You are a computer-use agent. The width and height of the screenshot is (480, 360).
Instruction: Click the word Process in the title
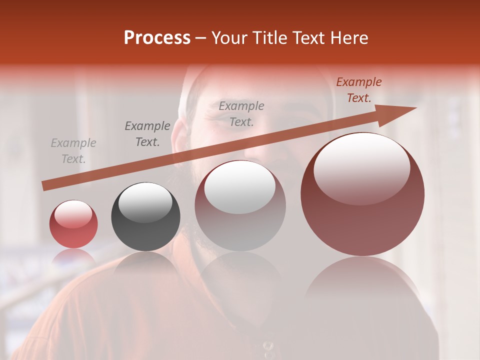tap(157, 38)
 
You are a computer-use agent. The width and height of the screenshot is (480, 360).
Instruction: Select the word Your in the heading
tap(229, 38)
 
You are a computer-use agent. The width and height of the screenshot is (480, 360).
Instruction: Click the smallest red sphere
tap(73, 224)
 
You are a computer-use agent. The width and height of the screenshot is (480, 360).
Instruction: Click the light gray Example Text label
tap(73, 151)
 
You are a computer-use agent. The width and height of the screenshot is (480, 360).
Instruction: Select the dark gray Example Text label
tap(147, 134)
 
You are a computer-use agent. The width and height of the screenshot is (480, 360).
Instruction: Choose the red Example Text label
tap(358, 90)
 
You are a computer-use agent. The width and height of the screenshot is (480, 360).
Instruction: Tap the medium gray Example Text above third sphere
tap(241, 113)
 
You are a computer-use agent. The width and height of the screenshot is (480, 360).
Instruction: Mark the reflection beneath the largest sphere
tap(362, 285)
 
